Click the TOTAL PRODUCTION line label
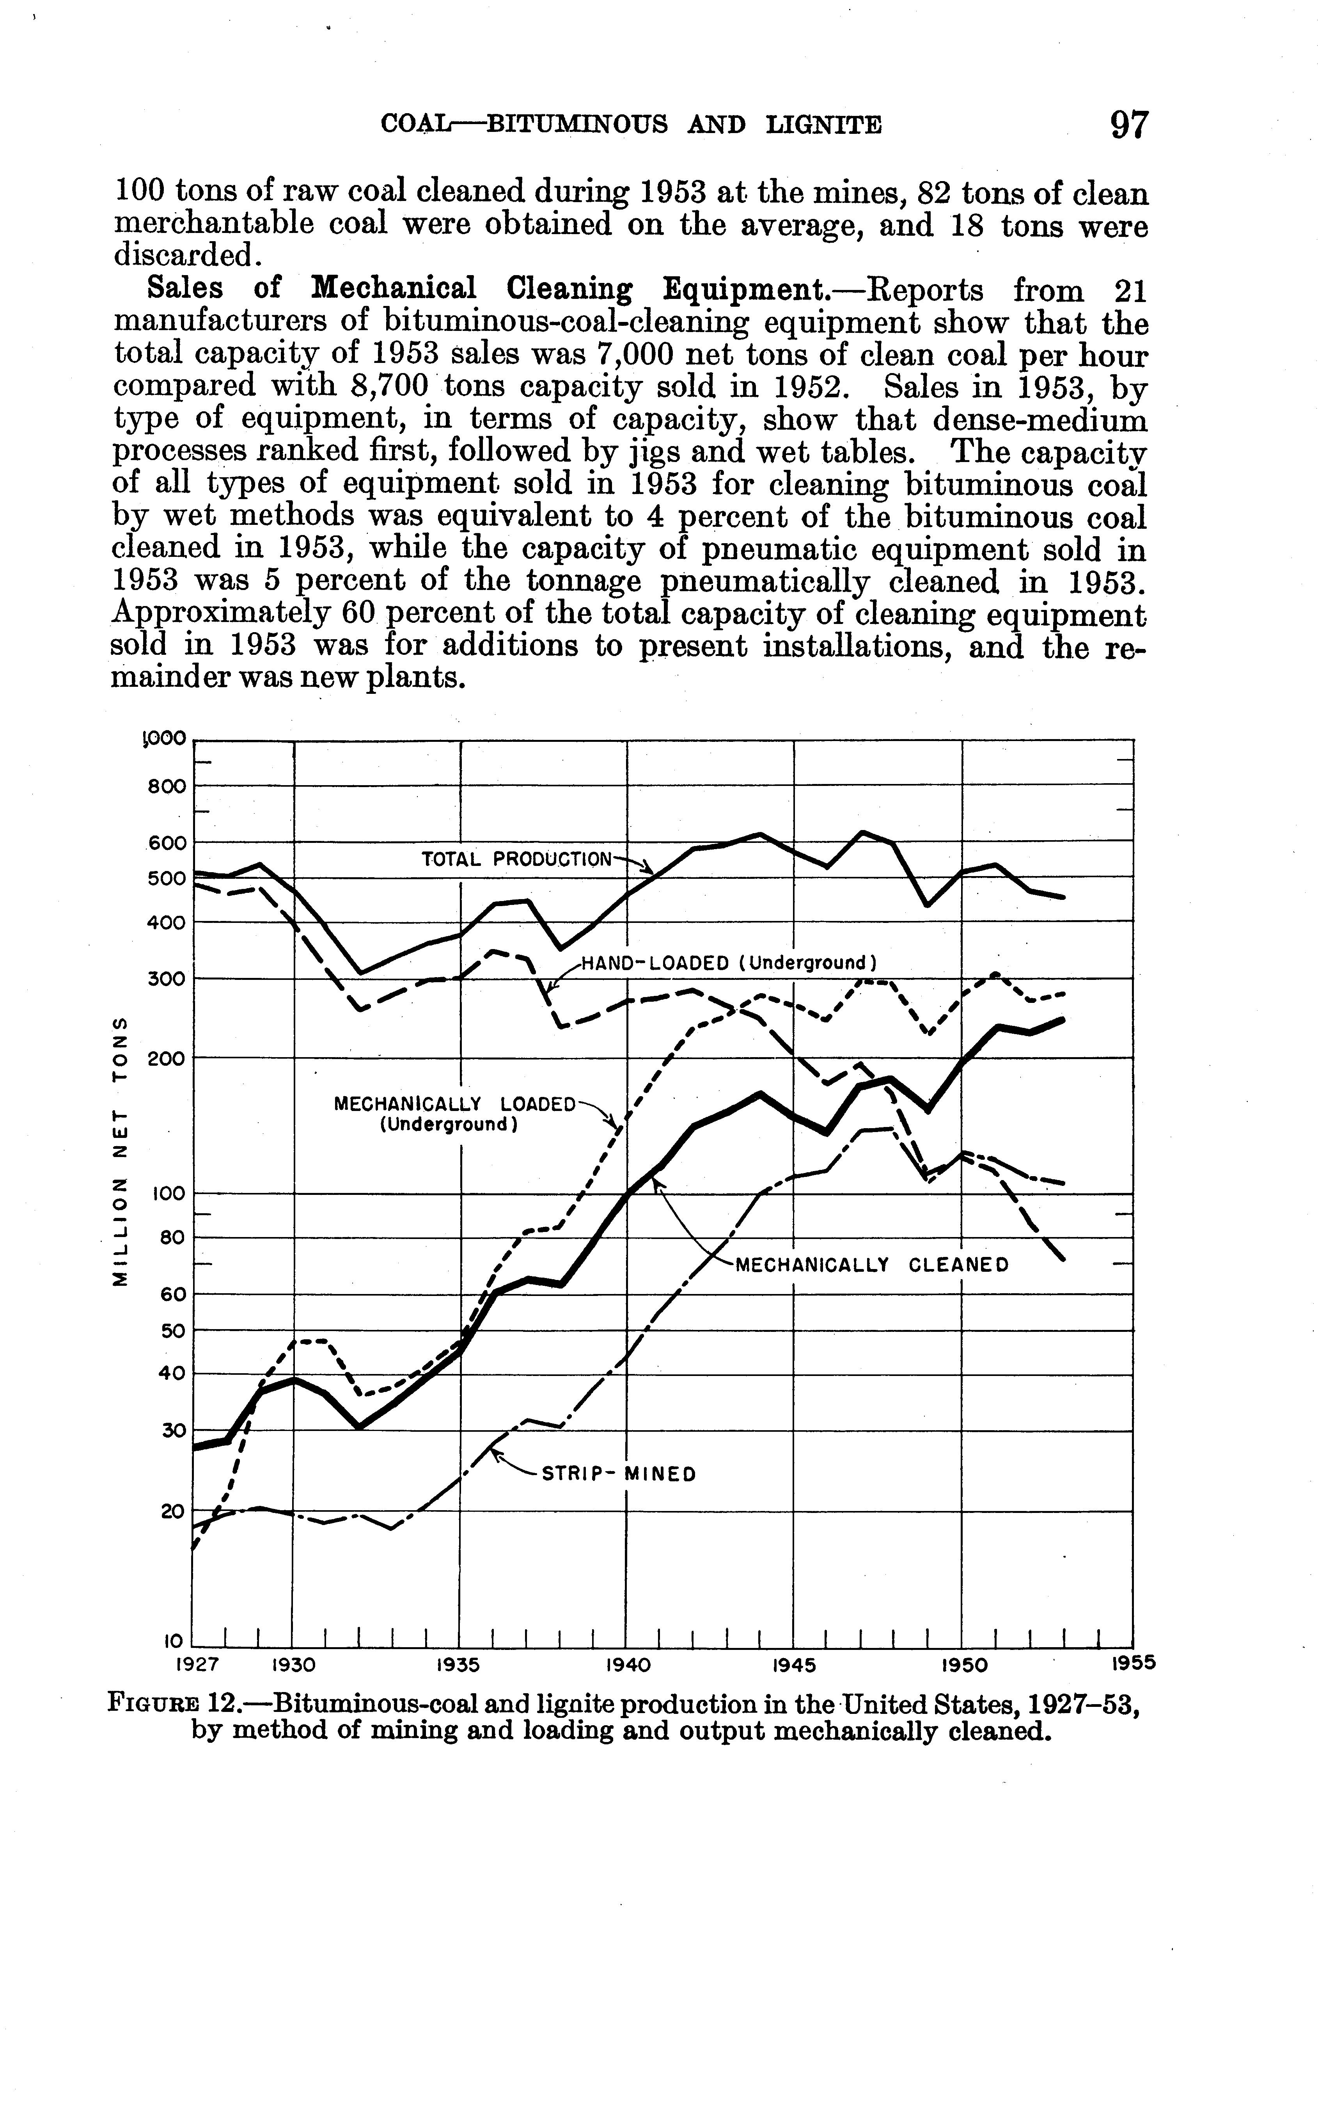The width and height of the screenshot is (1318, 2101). click(517, 859)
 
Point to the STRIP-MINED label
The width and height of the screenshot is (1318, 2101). click(619, 1475)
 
